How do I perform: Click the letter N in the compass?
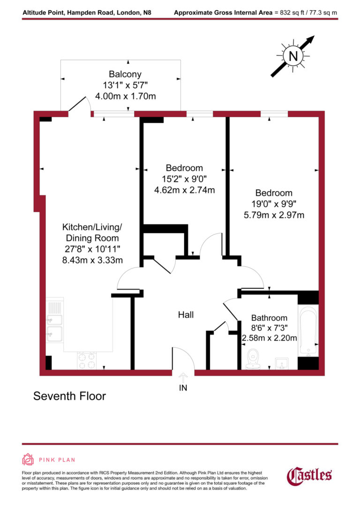[293, 56]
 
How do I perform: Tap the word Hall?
[186, 315]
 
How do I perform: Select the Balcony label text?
[125, 74]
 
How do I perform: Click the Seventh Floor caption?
[69, 396]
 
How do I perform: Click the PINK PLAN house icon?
[28, 459]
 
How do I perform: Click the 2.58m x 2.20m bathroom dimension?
[269, 338]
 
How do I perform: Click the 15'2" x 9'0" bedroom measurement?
[184, 179]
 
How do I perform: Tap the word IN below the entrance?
[183, 388]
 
